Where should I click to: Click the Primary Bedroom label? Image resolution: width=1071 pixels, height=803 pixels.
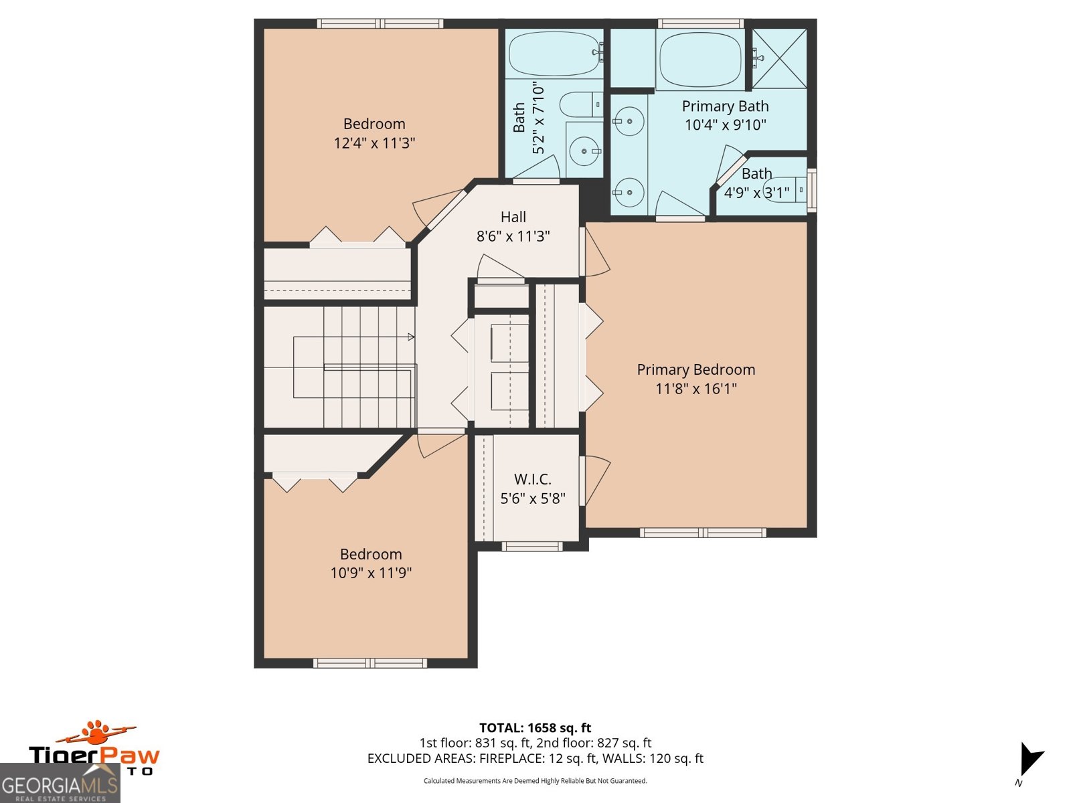click(695, 369)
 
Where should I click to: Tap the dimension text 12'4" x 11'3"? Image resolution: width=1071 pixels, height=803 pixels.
click(374, 143)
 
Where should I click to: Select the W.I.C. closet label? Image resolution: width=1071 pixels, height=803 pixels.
click(533, 479)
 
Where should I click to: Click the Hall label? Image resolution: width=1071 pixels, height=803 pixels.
click(513, 217)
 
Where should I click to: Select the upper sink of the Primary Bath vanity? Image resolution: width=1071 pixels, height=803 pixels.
click(629, 121)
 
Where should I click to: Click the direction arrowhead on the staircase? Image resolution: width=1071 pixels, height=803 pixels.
click(411, 337)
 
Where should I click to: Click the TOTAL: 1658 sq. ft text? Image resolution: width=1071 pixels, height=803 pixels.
click(535, 727)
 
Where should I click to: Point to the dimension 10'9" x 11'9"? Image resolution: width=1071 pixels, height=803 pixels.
click(371, 573)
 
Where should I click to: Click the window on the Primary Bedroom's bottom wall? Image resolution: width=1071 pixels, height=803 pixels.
click(702, 533)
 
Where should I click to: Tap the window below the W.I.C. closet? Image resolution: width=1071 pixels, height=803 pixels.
click(532, 546)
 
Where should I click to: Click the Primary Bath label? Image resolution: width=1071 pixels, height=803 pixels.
click(725, 106)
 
